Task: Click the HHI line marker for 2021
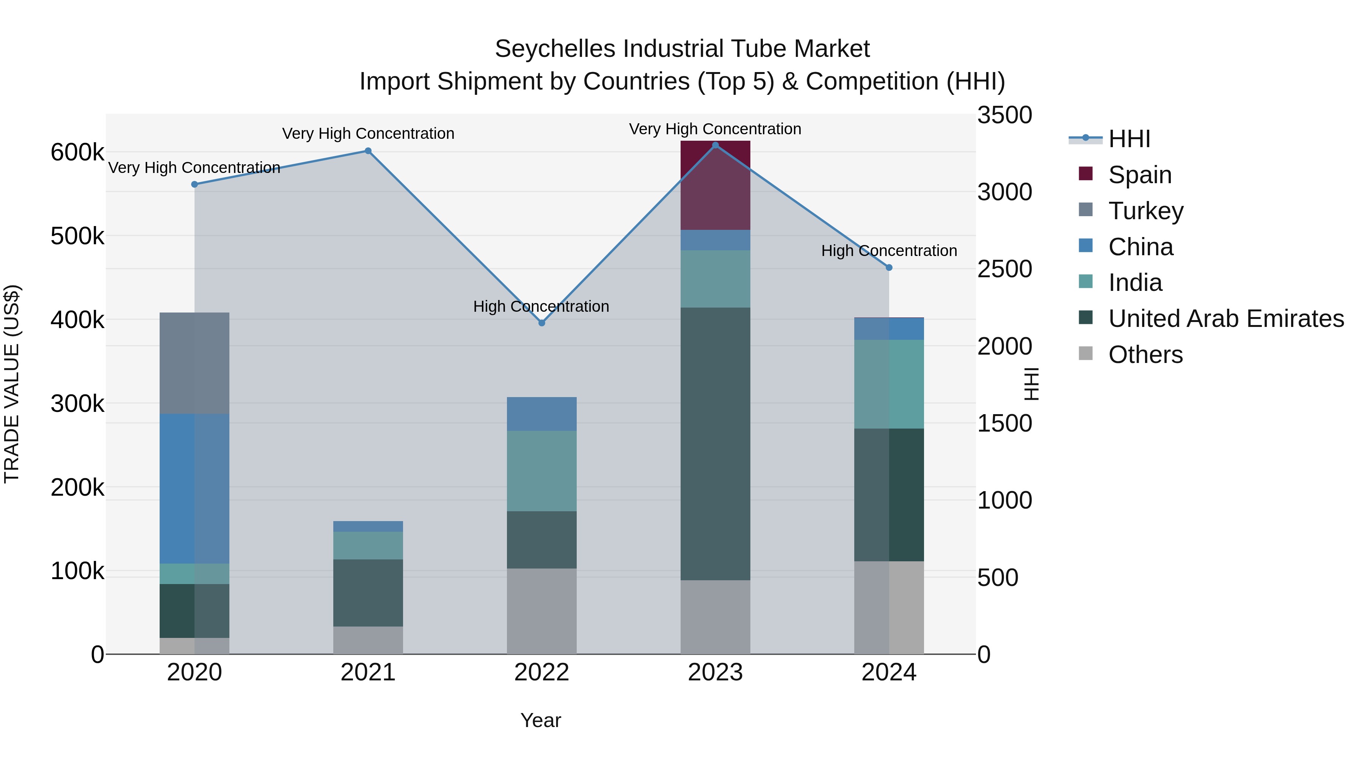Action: (x=368, y=151)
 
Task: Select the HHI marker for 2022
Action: (x=541, y=323)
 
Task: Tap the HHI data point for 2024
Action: (x=889, y=268)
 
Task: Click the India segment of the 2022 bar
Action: (x=541, y=471)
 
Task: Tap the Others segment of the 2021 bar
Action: (x=368, y=640)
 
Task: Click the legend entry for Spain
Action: (x=1139, y=175)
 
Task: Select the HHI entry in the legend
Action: (x=1129, y=139)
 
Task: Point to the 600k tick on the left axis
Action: (x=77, y=152)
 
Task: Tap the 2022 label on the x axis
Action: (x=541, y=672)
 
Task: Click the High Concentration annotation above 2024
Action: (x=889, y=251)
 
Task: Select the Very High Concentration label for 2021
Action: (x=368, y=133)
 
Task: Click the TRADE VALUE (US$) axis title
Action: (x=12, y=384)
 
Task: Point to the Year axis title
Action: (x=540, y=720)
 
